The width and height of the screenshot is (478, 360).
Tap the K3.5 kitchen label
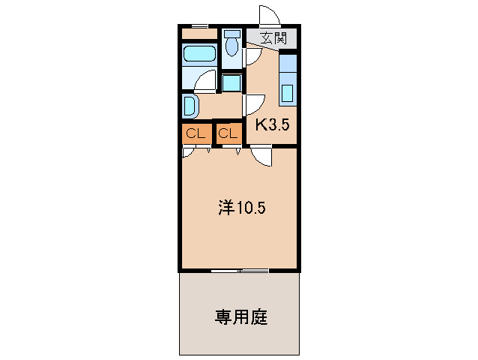(272, 125)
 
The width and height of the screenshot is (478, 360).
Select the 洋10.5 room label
(241, 208)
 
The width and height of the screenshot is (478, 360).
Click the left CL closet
(196, 134)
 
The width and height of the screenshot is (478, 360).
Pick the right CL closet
(229, 134)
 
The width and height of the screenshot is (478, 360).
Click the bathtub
(199, 54)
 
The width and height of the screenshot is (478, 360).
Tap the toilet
(232, 45)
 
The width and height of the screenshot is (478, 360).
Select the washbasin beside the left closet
(189, 105)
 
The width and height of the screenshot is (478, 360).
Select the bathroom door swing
(205, 81)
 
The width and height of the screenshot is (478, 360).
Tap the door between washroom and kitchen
(252, 103)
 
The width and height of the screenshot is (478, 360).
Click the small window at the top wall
(199, 26)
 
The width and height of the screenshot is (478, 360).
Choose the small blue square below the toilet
(232, 82)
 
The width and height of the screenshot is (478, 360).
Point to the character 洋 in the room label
(225, 208)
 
